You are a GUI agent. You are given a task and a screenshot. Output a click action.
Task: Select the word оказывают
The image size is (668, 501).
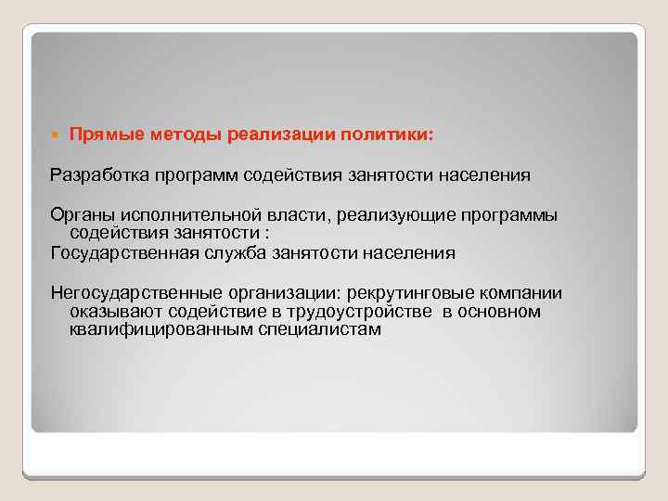pyautogui.click(x=112, y=312)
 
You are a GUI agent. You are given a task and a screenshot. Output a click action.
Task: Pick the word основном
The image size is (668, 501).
pyautogui.click(x=505, y=312)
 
